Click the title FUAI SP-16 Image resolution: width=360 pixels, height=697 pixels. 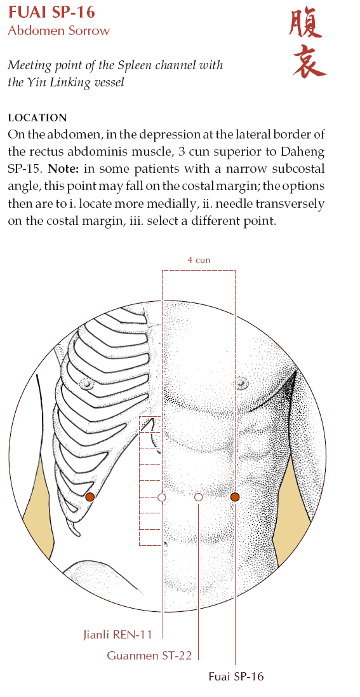(51, 12)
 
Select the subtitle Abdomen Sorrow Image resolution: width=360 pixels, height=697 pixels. (58, 30)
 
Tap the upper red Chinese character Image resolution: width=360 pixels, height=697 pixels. (306, 25)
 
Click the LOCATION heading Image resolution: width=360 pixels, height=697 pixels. (37, 118)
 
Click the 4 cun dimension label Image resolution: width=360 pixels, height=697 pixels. (199, 260)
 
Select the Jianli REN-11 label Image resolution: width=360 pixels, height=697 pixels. (118, 634)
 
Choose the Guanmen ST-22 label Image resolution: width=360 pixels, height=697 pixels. (149, 655)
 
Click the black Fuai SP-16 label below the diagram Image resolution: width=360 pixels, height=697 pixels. (236, 677)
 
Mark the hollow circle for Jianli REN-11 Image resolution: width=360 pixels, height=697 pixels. (162, 497)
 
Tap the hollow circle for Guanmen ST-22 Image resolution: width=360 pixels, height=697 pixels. (198, 497)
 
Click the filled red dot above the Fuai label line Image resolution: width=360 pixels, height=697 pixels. (235, 497)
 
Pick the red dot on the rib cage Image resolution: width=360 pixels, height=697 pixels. (90, 497)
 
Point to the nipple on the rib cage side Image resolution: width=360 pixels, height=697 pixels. (86, 383)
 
